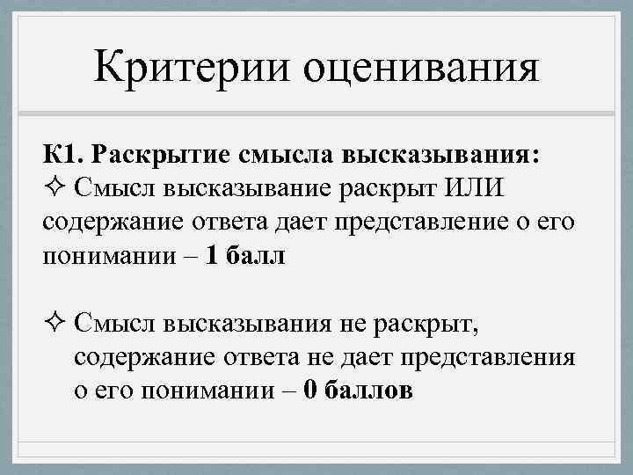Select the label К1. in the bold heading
(61, 155)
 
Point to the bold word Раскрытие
(156, 155)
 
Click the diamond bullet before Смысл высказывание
(55, 188)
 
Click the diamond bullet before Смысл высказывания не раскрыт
(55, 325)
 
